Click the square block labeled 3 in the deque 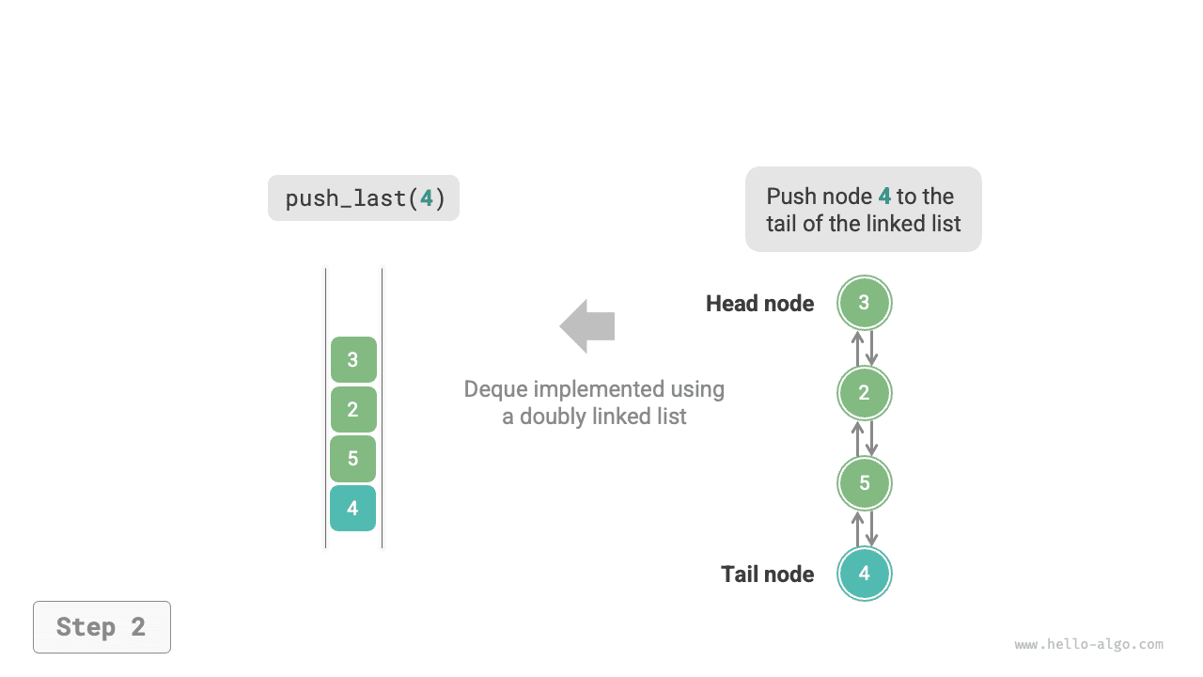click(x=353, y=359)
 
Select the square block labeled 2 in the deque click(x=353, y=409)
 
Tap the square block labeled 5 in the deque click(x=353, y=459)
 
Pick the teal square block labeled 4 click(x=353, y=509)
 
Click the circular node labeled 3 click(x=864, y=303)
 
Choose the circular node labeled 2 click(x=864, y=393)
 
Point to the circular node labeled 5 click(x=864, y=483)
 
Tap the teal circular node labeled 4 click(x=864, y=574)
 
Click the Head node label click(x=759, y=304)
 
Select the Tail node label click(x=767, y=575)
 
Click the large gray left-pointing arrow click(x=587, y=326)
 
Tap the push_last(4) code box click(x=364, y=198)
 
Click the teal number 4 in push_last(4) click(x=427, y=198)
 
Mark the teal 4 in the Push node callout click(x=884, y=197)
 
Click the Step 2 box click(x=102, y=627)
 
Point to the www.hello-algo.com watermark click(x=1088, y=645)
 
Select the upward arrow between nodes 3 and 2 click(x=857, y=348)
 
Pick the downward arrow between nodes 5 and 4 click(x=871, y=528)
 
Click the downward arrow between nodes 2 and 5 click(x=871, y=438)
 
